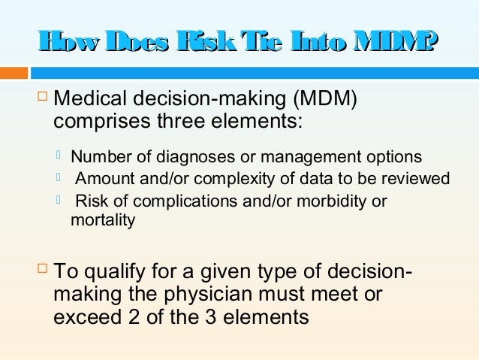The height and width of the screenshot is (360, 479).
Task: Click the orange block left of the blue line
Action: pyautogui.click(x=14, y=74)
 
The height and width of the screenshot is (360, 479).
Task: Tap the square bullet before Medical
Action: pyautogui.click(x=41, y=98)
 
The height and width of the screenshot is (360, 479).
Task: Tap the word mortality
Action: pyautogui.click(x=103, y=221)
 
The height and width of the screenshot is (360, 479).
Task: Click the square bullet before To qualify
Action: pyautogui.click(x=41, y=271)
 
